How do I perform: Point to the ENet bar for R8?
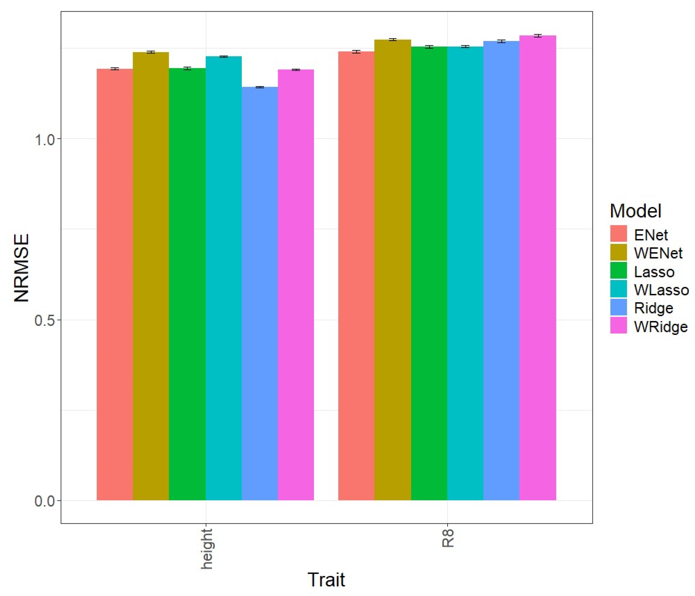(356, 275)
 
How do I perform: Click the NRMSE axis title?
(21, 268)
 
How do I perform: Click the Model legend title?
(635, 211)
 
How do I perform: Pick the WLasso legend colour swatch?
(618, 289)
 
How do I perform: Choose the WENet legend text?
(658, 253)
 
